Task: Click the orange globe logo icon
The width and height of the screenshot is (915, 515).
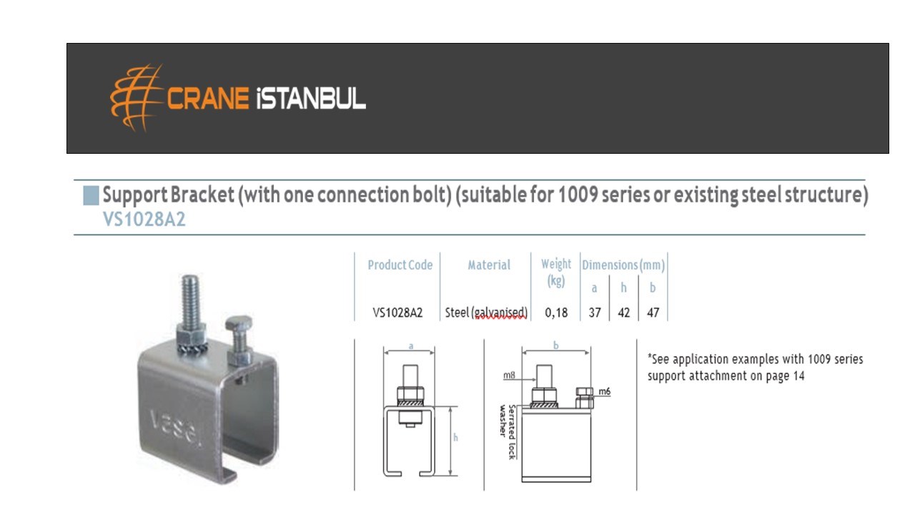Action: [x=137, y=98]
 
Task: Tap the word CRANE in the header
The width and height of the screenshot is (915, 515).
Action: [x=208, y=99]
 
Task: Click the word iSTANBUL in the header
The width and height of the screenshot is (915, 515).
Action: [x=311, y=99]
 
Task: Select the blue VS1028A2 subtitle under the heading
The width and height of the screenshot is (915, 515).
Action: [x=144, y=220]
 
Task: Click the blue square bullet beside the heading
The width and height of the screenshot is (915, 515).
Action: [x=91, y=195]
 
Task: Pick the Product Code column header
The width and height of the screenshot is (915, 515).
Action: [x=400, y=265]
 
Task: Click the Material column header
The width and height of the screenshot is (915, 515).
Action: [x=489, y=265]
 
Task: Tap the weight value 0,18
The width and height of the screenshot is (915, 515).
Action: [x=556, y=313]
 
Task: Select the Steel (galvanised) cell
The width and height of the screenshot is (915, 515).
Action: [x=486, y=313]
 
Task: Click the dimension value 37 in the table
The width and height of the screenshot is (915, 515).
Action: [x=595, y=313]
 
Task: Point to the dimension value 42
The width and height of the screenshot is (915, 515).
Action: [x=624, y=313]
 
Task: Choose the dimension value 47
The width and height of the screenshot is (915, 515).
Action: [x=653, y=313]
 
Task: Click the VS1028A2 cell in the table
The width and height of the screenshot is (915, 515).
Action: [x=397, y=313]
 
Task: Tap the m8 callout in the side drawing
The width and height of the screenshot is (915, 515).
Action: [x=509, y=375]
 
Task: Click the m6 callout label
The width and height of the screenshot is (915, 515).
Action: [x=605, y=391]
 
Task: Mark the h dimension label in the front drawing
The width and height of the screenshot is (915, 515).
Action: [x=455, y=438]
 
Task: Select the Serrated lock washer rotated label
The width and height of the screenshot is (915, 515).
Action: [x=508, y=432]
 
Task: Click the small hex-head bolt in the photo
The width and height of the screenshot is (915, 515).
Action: [x=239, y=339]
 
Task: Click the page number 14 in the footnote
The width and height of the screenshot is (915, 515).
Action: [x=798, y=376]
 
